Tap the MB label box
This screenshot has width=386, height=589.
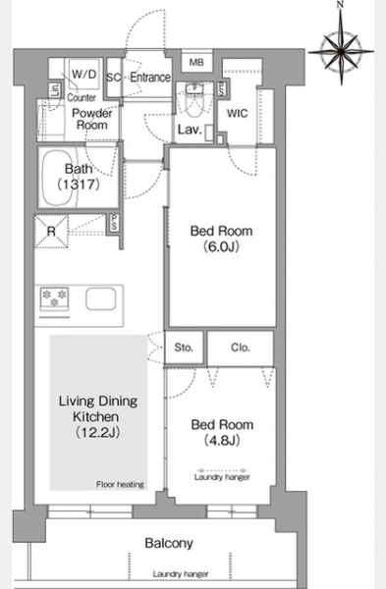click(x=196, y=62)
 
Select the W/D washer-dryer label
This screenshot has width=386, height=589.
click(x=84, y=74)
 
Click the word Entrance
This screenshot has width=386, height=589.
click(x=150, y=78)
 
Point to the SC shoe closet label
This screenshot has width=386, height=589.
click(x=114, y=78)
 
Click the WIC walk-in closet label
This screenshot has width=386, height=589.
click(x=237, y=113)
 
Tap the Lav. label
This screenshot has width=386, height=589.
click(x=190, y=130)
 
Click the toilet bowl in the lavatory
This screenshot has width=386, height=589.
click(x=194, y=106)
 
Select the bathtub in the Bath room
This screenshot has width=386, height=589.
click(x=59, y=177)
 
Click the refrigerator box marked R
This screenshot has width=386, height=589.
click(x=51, y=231)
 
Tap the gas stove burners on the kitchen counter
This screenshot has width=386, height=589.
click(x=54, y=299)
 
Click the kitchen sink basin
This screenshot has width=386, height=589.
click(x=101, y=299)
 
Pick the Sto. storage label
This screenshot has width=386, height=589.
click(x=184, y=348)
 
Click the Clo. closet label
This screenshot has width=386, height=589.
click(x=241, y=348)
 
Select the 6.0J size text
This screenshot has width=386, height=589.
click(x=221, y=246)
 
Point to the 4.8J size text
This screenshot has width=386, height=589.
click(x=222, y=440)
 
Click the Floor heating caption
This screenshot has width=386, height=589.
click(x=120, y=485)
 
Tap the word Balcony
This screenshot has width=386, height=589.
click(x=169, y=543)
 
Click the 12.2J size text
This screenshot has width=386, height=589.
click(x=98, y=432)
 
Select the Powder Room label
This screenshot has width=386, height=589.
click(x=92, y=119)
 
